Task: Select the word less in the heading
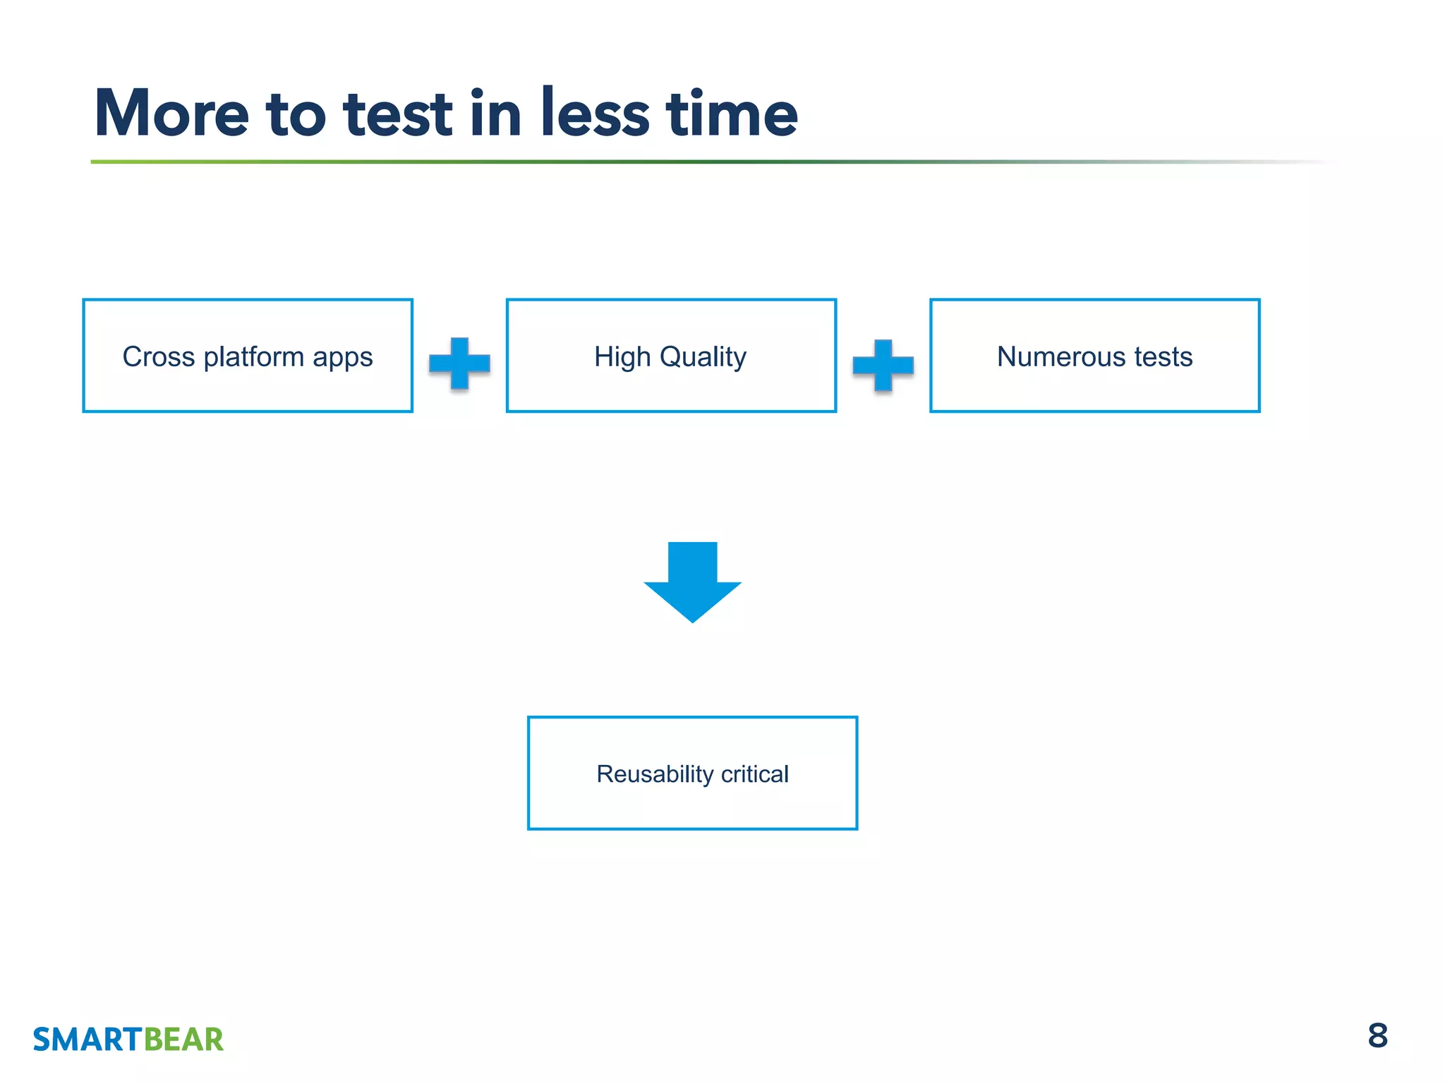[595, 113]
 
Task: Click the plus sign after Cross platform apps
[459, 363]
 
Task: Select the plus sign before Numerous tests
[883, 365]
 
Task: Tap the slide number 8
[1377, 1036]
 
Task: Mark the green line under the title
[494, 162]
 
